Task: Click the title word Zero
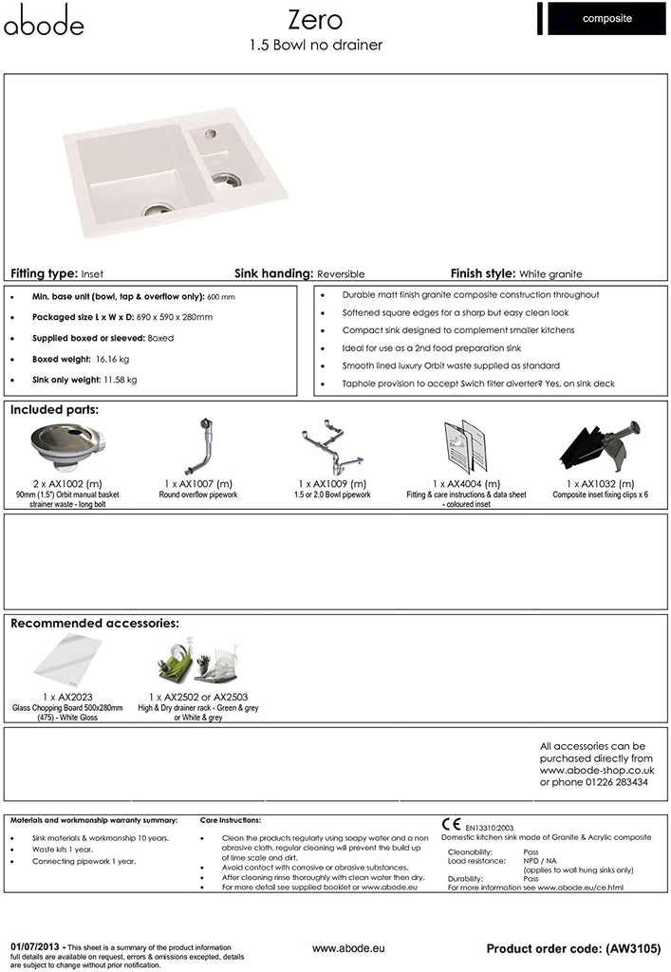pos(315,20)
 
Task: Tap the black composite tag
pos(607,18)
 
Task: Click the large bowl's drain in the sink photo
pos(157,207)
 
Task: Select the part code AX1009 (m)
pos(333,484)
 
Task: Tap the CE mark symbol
pos(452,824)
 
